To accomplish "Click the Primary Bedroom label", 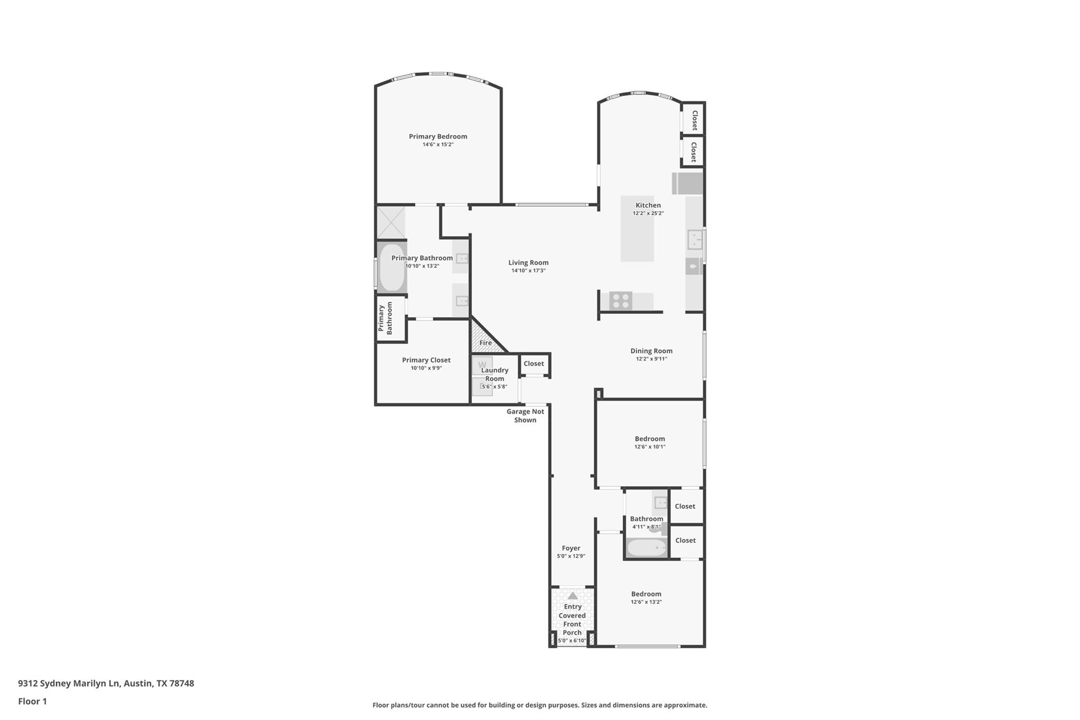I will click(438, 136).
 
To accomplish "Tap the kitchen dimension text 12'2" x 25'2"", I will click(648, 214).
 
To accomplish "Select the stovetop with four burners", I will click(621, 301).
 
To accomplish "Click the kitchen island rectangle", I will click(637, 237).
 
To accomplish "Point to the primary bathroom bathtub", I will click(391, 267).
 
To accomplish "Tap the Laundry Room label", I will click(495, 374).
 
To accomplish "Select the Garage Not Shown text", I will click(525, 416).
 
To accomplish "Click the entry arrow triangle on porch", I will click(572, 596).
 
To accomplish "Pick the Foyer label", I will click(571, 548).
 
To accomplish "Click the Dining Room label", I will click(651, 351).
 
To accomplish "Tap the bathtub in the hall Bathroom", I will click(647, 548).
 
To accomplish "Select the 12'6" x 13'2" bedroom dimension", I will click(646, 602).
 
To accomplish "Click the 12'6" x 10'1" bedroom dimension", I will click(650, 447).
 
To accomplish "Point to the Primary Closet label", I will click(426, 360).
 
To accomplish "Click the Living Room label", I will click(528, 263).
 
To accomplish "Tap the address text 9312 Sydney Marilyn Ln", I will click(69, 684).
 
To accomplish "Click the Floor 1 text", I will click(32, 702).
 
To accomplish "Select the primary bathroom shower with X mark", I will click(391, 223).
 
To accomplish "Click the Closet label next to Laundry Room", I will click(534, 363).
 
